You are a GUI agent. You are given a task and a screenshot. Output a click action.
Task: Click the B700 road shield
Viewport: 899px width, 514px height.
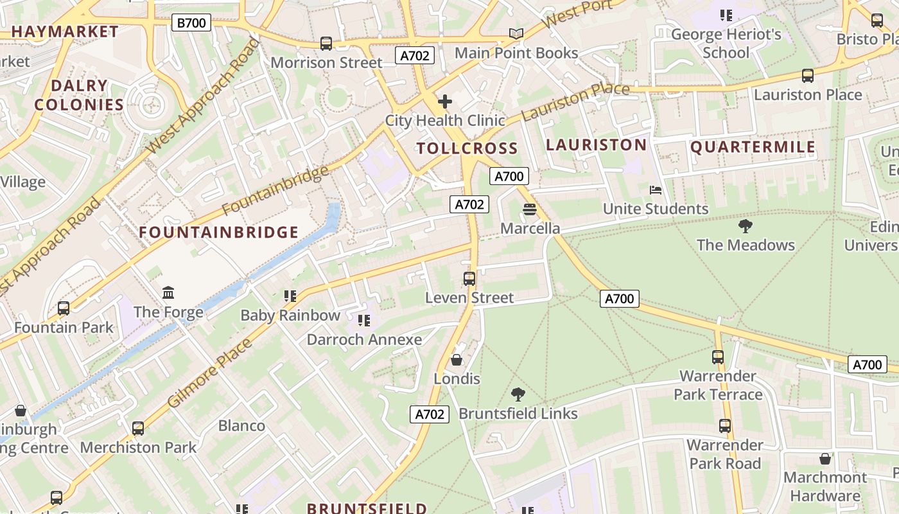click(x=191, y=23)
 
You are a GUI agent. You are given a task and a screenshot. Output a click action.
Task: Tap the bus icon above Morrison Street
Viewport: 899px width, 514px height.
click(x=326, y=43)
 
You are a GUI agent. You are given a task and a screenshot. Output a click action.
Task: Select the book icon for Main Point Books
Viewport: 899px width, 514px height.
click(x=516, y=33)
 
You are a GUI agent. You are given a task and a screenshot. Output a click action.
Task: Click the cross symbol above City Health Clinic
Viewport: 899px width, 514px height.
click(x=444, y=102)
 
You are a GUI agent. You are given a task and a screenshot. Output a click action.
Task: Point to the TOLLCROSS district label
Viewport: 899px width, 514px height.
click(x=467, y=148)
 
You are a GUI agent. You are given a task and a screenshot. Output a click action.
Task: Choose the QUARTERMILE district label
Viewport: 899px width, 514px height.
click(x=753, y=147)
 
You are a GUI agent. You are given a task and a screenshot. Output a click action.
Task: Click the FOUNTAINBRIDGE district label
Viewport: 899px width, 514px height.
click(x=219, y=232)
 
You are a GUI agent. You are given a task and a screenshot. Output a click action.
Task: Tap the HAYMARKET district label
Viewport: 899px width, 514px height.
click(x=65, y=31)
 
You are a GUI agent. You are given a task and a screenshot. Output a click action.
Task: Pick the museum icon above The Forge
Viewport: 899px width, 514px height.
click(x=168, y=293)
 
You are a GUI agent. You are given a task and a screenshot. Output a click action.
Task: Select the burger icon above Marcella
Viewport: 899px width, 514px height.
click(x=530, y=209)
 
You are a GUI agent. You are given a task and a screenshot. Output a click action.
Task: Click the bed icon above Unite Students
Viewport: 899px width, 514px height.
click(x=656, y=190)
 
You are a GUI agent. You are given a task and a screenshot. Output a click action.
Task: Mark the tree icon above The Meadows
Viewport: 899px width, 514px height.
click(x=746, y=226)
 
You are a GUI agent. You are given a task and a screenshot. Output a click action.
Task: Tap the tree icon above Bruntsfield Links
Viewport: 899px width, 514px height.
click(x=518, y=394)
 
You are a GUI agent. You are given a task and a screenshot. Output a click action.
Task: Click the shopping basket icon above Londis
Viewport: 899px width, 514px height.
click(x=457, y=359)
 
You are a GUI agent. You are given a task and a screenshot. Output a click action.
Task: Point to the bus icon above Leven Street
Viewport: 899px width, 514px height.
click(x=469, y=278)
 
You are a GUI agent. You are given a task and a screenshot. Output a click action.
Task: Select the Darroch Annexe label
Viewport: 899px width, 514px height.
click(x=364, y=339)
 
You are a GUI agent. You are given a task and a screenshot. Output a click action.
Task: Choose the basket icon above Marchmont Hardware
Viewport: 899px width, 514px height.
click(x=825, y=458)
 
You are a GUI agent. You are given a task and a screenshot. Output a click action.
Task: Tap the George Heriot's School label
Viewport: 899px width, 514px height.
click(x=726, y=43)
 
